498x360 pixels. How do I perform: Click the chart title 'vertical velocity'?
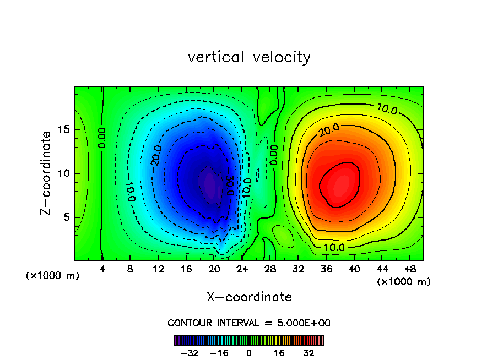pos(249,57)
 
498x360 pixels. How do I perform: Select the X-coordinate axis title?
pos(249,297)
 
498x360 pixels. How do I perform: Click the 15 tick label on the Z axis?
pos(64,129)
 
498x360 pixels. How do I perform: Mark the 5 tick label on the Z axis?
pos(67,217)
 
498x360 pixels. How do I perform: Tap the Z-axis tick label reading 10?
pos(64,173)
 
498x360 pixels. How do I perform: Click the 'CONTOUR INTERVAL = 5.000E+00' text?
pos(249,323)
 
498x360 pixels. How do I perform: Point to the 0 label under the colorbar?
pos(249,353)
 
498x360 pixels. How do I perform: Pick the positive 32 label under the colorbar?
pos(308,353)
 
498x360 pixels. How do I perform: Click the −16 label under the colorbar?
pos(220,353)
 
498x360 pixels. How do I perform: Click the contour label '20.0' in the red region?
pos(329,130)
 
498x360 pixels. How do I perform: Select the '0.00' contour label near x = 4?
pos(102,138)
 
